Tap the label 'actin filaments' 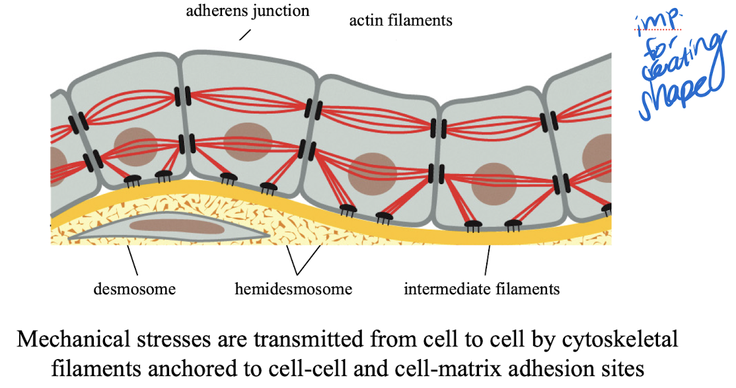401,20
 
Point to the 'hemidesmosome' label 293,289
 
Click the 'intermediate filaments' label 482,289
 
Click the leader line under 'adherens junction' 245,34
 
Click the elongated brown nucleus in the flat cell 171,225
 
